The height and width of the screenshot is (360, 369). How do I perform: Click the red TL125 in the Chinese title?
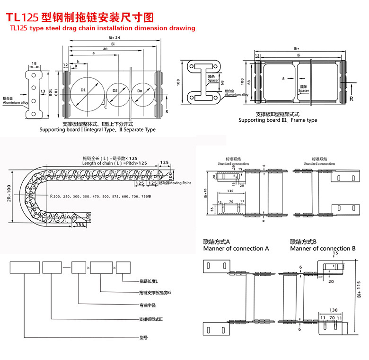click(x=22, y=18)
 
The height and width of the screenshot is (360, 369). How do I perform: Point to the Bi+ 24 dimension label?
click(x=114, y=37)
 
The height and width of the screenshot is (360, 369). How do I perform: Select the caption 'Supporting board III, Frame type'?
click(x=278, y=120)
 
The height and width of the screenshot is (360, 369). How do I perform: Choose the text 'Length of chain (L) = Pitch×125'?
click(x=114, y=163)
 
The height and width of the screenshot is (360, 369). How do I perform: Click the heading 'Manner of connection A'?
click(x=236, y=248)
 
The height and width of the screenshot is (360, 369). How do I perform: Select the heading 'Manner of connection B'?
click(x=323, y=248)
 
